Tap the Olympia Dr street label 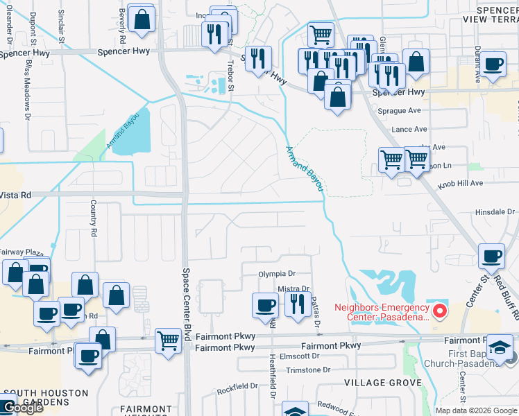277,274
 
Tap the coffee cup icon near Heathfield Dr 264,305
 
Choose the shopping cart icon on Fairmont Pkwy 169,340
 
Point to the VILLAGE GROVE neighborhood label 384,383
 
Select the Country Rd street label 92,218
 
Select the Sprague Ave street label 400,110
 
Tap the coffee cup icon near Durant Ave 493,65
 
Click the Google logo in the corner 22,408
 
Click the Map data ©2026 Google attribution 476,410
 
